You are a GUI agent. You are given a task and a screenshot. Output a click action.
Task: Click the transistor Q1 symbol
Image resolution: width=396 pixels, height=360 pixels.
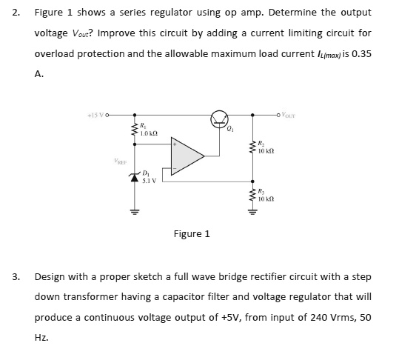[x=220, y=118]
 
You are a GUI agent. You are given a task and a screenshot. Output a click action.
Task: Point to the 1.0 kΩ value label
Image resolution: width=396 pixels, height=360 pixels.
[x=149, y=133]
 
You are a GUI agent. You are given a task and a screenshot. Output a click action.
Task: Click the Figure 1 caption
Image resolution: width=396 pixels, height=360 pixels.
[x=192, y=234]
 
